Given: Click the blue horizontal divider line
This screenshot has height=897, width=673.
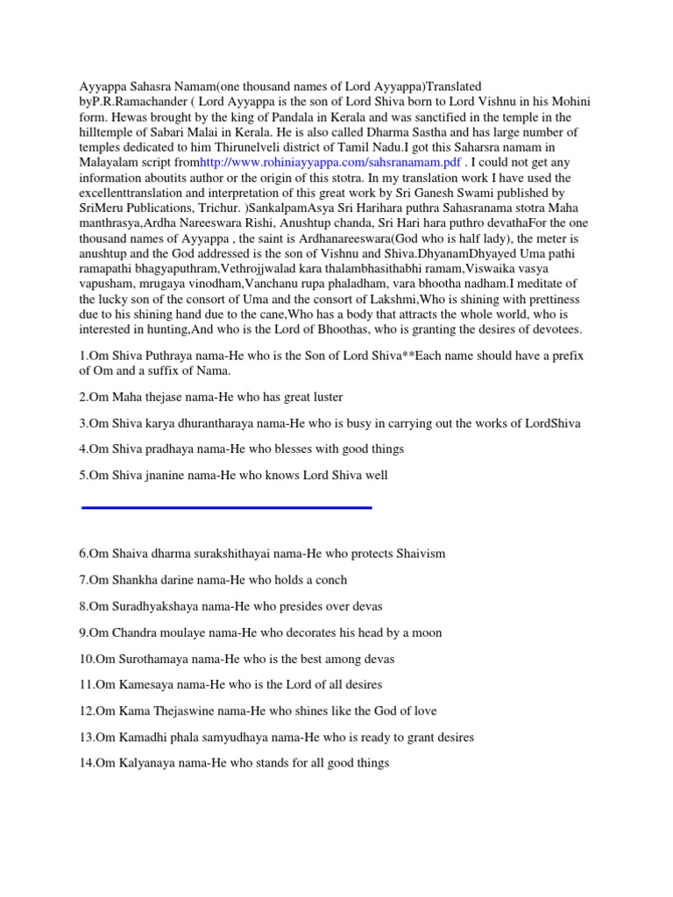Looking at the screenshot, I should click(226, 507).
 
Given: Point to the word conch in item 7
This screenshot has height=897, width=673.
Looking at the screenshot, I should click(328, 580).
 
